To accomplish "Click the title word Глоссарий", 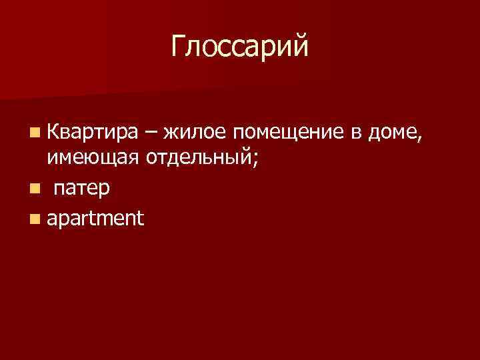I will (240, 47).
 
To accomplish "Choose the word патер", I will (83, 189).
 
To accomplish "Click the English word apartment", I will (95, 219).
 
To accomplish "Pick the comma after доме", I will (420, 137).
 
